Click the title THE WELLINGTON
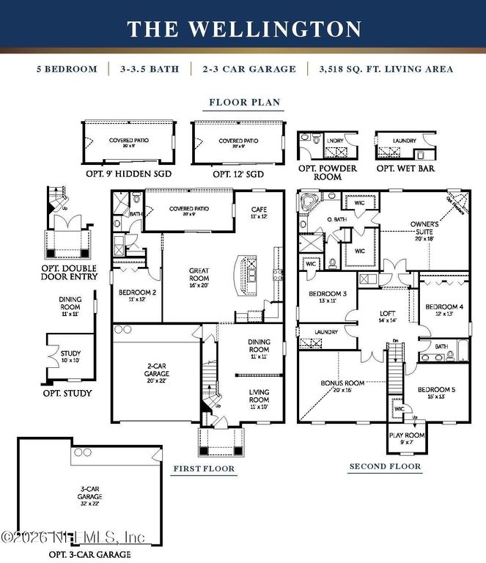(243, 29)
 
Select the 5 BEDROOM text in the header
(67, 70)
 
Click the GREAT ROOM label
(199, 275)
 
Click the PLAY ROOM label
(405, 438)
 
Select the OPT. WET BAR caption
(405, 168)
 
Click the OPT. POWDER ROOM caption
(326, 172)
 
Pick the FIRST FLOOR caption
(204, 468)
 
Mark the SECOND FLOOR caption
(385, 466)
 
